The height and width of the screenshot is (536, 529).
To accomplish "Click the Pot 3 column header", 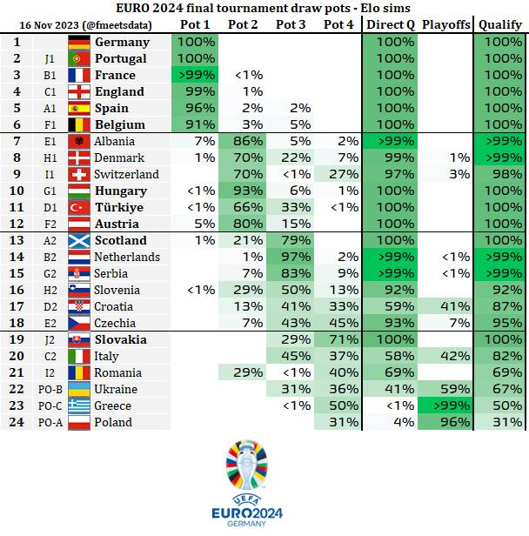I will pos(291,24).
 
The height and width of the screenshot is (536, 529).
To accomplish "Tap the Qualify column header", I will pos(500,24).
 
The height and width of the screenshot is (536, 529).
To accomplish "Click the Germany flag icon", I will pos(79,42).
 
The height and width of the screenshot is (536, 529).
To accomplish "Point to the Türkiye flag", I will pos(79,207).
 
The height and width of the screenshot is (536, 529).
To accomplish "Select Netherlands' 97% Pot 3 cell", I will pos(291,257).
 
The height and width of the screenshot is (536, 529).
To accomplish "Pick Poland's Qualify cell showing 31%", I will pos(500,422).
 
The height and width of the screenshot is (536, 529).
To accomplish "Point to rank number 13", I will pos(17,240).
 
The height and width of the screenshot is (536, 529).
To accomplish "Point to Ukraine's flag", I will pos(79,389).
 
